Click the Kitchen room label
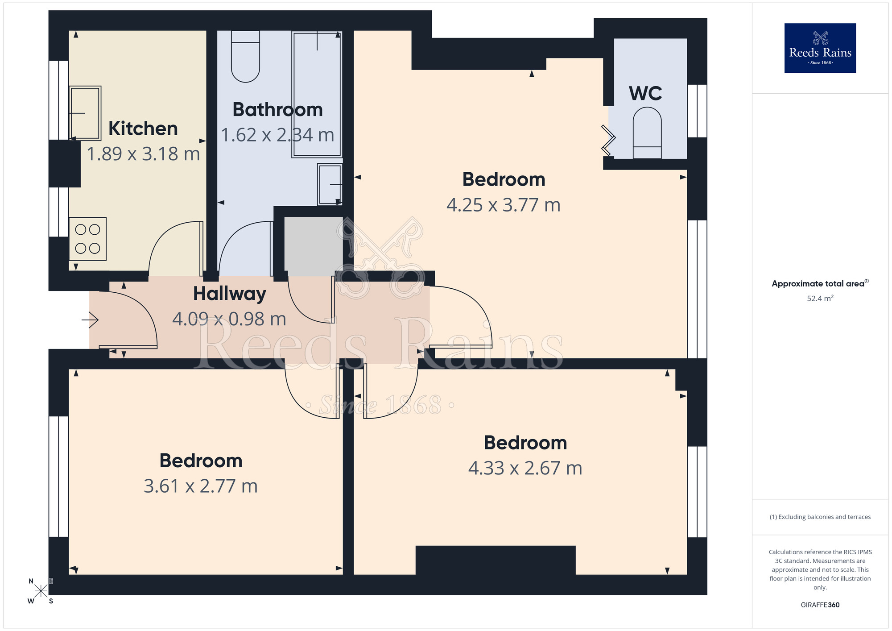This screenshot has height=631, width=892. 143,129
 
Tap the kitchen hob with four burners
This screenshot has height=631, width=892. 87,239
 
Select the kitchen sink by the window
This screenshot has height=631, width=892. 85,113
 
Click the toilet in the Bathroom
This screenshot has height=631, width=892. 245,57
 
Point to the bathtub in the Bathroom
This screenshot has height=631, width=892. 317,94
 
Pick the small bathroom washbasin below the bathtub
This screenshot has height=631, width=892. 330,184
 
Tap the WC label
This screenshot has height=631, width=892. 645,94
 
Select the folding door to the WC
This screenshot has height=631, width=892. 609,139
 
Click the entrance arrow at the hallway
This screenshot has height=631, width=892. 90,320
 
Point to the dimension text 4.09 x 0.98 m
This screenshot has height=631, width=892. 229,319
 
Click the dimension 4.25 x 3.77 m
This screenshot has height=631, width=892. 504,205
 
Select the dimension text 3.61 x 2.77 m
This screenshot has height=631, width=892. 201,486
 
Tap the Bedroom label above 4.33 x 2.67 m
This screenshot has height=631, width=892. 525,443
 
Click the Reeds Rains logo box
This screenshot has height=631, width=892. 820,48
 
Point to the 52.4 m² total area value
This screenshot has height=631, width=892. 820,299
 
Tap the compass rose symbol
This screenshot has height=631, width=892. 41,591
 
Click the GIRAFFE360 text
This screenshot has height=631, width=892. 820,605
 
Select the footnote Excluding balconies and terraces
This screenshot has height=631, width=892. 820,517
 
